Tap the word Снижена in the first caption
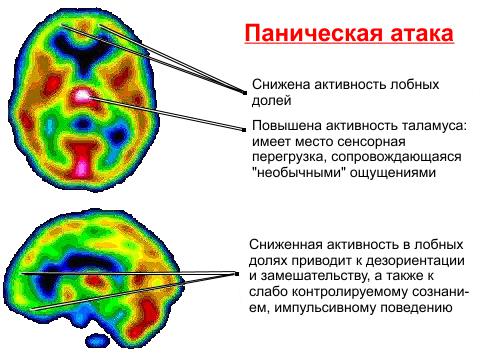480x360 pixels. [279, 85]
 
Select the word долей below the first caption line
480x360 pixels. [271, 101]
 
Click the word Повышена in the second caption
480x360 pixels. [285, 127]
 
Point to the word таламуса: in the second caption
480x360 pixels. [432, 127]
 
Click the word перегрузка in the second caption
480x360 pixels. [290, 158]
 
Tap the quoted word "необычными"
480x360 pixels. [295, 174]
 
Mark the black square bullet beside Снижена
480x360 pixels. [244, 91]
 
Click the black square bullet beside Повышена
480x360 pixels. [244, 127]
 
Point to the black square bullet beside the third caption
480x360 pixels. [235, 276]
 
